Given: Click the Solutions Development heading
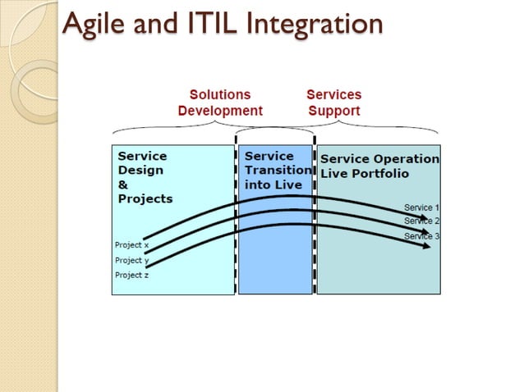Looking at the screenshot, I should (x=220, y=103).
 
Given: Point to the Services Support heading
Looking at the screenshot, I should (x=333, y=103).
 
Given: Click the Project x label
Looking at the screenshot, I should (x=131, y=244).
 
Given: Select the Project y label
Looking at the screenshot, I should (x=131, y=260).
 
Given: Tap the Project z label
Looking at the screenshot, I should (x=131, y=275).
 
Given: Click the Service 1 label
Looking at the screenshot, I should (x=421, y=207).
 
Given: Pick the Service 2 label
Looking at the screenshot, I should (x=421, y=221).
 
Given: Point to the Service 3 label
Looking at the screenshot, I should (x=421, y=236).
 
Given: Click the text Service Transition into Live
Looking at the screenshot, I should (x=277, y=170).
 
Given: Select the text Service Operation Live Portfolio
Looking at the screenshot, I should (x=379, y=166).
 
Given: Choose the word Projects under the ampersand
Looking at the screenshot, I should (x=145, y=198).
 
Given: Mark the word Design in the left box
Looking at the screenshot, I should (x=140, y=170).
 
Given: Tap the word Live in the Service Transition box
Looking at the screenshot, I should (x=288, y=185).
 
